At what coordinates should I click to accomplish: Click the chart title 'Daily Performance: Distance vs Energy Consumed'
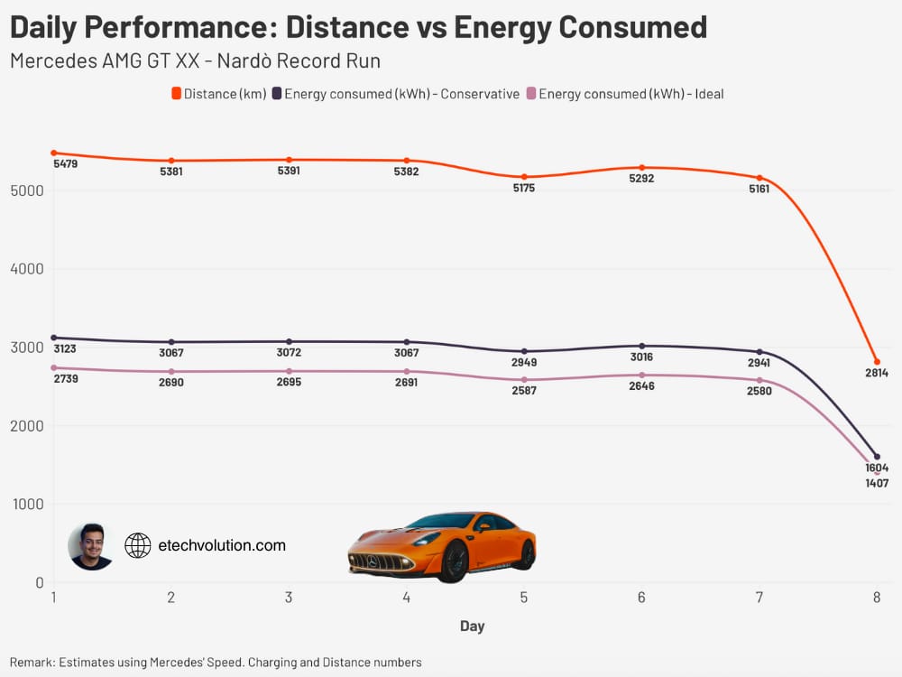click(358, 27)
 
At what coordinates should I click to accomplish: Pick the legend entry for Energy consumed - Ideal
click(625, 94)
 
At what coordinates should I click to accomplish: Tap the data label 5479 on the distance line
click(66, 164)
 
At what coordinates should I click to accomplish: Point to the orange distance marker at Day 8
click(877, 362)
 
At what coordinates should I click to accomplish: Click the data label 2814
click(877, 373)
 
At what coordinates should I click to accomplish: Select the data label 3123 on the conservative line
click(66, 348)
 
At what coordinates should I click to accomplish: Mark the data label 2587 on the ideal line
click(524, 391)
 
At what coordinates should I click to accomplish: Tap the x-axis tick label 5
click(524, 598)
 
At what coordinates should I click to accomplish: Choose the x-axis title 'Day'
click(472, 626)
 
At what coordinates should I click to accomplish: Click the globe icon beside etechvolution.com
click(137, 545)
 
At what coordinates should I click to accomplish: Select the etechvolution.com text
click(222, 545)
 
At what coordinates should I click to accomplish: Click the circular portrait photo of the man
click(90, 546)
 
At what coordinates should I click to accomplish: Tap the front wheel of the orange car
click(454, 561)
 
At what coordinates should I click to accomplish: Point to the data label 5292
click(642, 179)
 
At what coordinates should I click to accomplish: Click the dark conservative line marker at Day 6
click(642, 346)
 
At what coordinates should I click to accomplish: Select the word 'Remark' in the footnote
click(32, 662)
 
